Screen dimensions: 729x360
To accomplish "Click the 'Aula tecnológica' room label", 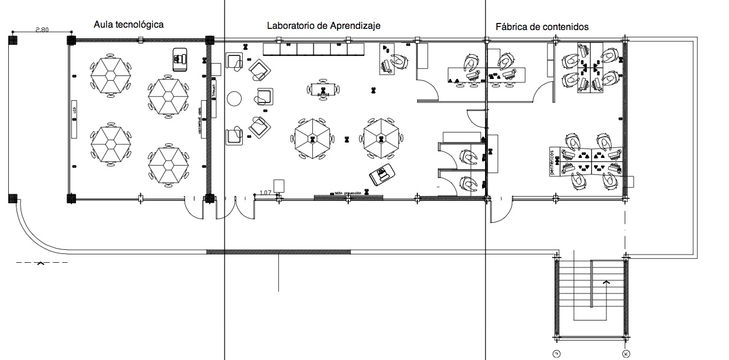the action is pyautogui.click(x=128, y=24).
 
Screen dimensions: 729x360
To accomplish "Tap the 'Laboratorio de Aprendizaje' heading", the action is pyautogui.click(x=324, y=26).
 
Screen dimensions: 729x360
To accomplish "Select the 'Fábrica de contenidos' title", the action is pyautogui.click(x=542, y=27).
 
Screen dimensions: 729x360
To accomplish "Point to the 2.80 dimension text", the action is pyautogui.click(x=42, y=29).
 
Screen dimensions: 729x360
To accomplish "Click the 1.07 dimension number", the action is pyautogui.click(x=265, y=193).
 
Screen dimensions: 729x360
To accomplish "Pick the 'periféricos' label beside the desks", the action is pyautogui.click(x=553, y=160).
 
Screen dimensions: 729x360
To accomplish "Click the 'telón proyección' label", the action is pyautogui.click(x=347, y=193).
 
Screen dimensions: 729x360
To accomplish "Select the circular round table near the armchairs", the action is pyautogui.click(x=235, y=98).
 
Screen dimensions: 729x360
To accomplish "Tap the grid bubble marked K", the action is pyautogui.click(x=625, y=354).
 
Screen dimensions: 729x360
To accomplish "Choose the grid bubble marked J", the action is pyautogui.click(x=556, y=354).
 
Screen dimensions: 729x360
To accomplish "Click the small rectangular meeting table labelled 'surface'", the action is pyautogui.click(x=322, y=90).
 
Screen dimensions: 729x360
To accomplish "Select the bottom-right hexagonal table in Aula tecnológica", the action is pyautogui.click(x=169, y=166).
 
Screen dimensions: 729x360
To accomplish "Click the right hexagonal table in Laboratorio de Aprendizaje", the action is pyautogui.click(x=382, y=138).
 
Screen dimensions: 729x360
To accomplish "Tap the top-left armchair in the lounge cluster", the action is pyautogui.click(x=234, y=61).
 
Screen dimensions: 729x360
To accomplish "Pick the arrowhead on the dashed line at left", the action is pyautogui.click(x=40, y=263).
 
